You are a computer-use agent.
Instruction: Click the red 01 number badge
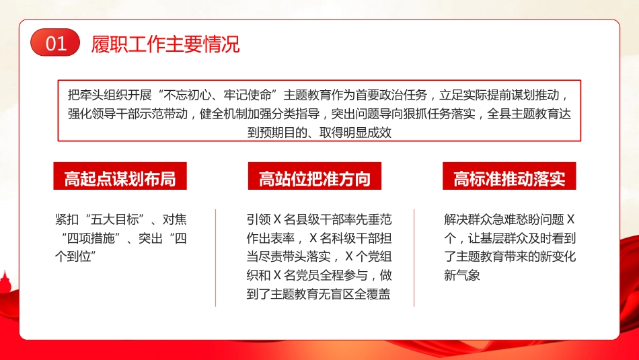click(55, 44)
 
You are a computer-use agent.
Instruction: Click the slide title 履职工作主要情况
click(165, 44)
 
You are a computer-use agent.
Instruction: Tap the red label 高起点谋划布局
click(120, 178)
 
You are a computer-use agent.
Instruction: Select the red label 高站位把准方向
click(315, 178)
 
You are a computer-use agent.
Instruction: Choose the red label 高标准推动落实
click(509, 178)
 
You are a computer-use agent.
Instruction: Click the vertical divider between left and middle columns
click(216, 258)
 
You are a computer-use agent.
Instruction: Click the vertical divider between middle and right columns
click(414, 258)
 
